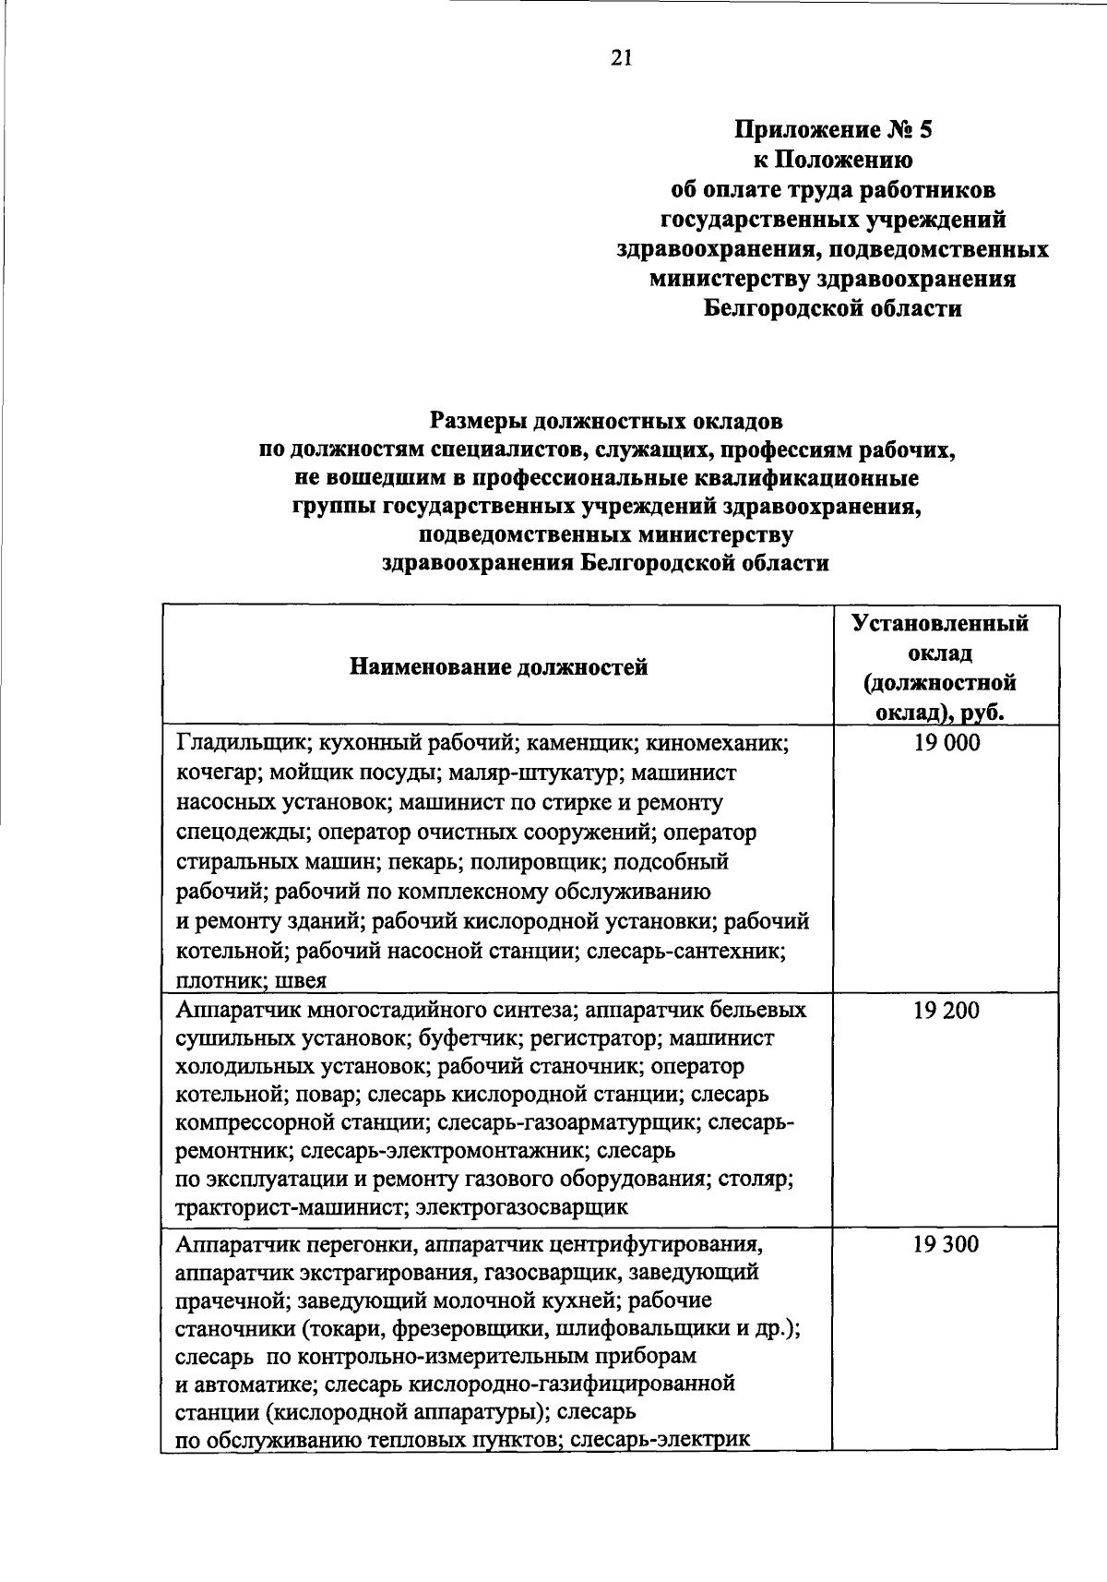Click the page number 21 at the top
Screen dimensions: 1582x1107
[621, 58]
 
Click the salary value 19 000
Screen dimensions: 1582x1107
[946, 744]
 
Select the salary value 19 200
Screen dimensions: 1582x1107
[946, 1011]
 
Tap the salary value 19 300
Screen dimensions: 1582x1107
[946, 1244]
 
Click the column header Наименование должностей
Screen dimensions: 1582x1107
[498, 667]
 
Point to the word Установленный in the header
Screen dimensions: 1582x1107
[940, 623]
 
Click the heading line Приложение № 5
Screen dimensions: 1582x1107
[832, 130]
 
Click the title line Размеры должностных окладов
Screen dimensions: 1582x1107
[606, 422]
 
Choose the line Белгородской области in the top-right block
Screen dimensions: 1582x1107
[832, 308]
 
